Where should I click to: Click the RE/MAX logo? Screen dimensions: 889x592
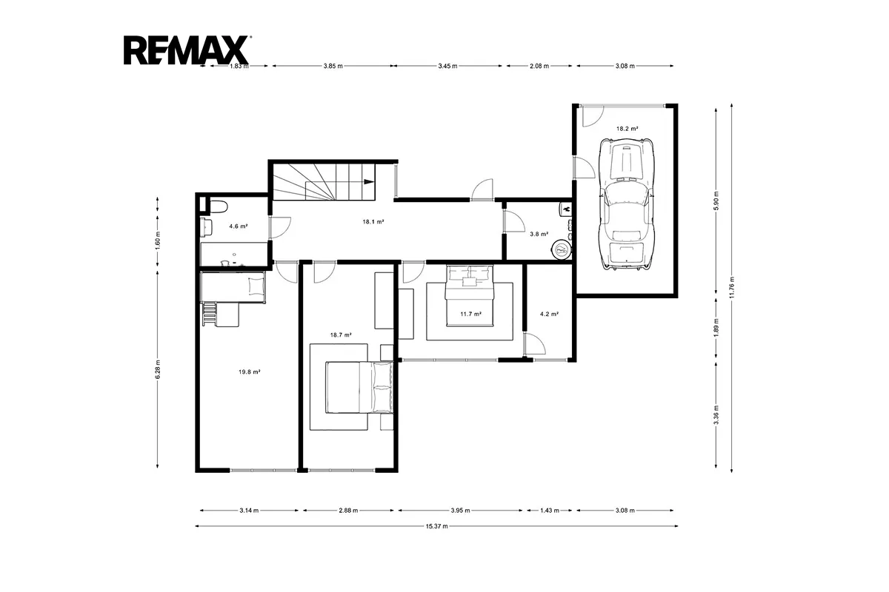[187, 50]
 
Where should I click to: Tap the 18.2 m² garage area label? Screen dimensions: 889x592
[627, 129]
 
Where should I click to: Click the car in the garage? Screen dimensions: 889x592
[627, 203]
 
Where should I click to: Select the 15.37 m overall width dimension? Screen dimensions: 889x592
[436, 526]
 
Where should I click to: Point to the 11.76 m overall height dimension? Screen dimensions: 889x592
[731, 288]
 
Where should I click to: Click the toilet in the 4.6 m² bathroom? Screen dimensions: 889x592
[218, 206]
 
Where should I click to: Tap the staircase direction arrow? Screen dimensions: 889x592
[369, 181]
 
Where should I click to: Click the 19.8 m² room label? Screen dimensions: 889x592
[249, 372]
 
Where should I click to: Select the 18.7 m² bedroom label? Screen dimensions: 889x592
[341, 334]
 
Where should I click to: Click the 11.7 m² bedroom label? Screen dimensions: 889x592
[470, 314]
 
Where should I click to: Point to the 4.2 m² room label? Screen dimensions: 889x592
[549, 314]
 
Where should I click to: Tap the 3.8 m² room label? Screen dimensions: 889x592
[539, 234]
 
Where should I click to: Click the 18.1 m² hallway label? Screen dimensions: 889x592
[373, 222]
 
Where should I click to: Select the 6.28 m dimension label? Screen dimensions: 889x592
[158, 369]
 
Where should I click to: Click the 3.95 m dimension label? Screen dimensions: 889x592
[460, 511]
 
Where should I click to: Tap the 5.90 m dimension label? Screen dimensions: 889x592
[716, 201]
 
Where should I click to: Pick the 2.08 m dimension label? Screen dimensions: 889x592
[539, 66]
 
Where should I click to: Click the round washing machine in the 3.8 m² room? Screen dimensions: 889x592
[562, 249]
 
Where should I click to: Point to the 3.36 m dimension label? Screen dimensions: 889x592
[716, 414]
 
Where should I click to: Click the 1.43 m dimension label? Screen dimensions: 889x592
[550, 511]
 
